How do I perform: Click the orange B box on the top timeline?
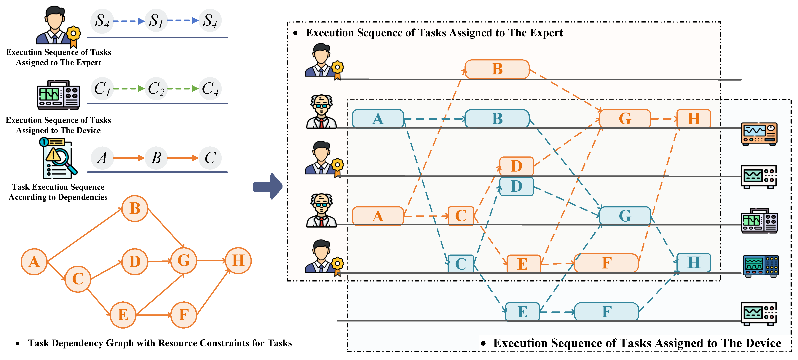coord(497,69)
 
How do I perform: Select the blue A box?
coord(378,119)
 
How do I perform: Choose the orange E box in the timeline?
coord(523,264)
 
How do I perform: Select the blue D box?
coord(516,186)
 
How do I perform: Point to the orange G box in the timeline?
coord(625,119)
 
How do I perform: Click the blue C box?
coord(461,264)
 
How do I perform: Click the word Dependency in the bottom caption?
coord(77,343)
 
